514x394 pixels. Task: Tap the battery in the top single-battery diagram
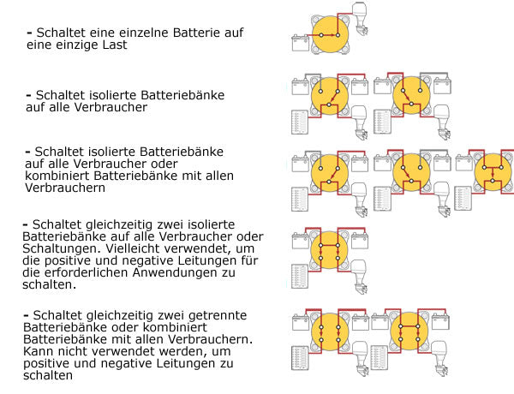(x=299, y=41)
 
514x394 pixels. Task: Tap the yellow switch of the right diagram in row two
(x=409, y=95)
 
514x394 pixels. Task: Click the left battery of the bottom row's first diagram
(x=300, y=322)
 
